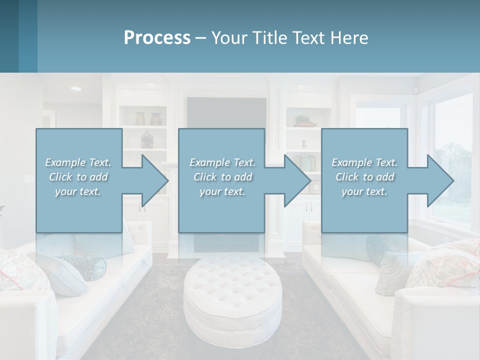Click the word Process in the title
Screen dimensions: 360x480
point(157,37)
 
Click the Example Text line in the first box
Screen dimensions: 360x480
point(78,162)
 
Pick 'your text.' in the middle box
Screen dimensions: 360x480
point(221,191)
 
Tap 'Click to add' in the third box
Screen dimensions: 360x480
point(364,177)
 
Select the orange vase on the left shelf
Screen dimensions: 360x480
point(140,119)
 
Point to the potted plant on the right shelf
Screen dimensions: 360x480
point(303,120)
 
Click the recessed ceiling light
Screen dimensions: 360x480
point(76,88)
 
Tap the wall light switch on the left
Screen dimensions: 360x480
point(27,178)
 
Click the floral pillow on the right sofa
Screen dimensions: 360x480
point(442,265)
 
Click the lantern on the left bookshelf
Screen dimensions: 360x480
point(146,139)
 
